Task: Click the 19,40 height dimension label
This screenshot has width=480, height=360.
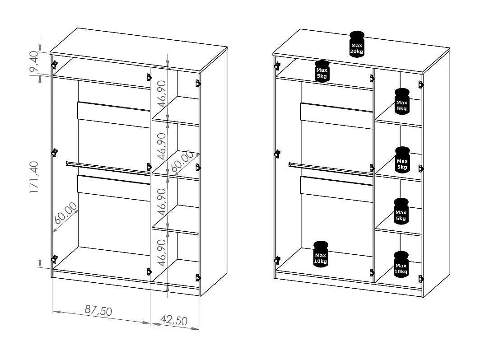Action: (x=34, y=65)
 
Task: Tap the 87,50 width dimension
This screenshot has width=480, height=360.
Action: (x=98, y=311)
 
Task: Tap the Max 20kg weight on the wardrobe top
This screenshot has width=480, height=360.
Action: (x=356, y=43)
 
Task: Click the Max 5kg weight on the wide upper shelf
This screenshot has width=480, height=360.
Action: (x=322, y=71)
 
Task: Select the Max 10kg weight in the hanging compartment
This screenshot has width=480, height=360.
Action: (x=321, y=254)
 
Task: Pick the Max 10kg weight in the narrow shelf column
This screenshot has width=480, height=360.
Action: (x=401, y=264)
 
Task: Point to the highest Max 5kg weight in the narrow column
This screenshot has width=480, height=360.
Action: (x=401, y=101)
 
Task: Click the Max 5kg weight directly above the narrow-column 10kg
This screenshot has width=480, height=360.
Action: (x=401, y=211)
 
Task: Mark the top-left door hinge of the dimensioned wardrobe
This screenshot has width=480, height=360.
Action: (x=55, y=64)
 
